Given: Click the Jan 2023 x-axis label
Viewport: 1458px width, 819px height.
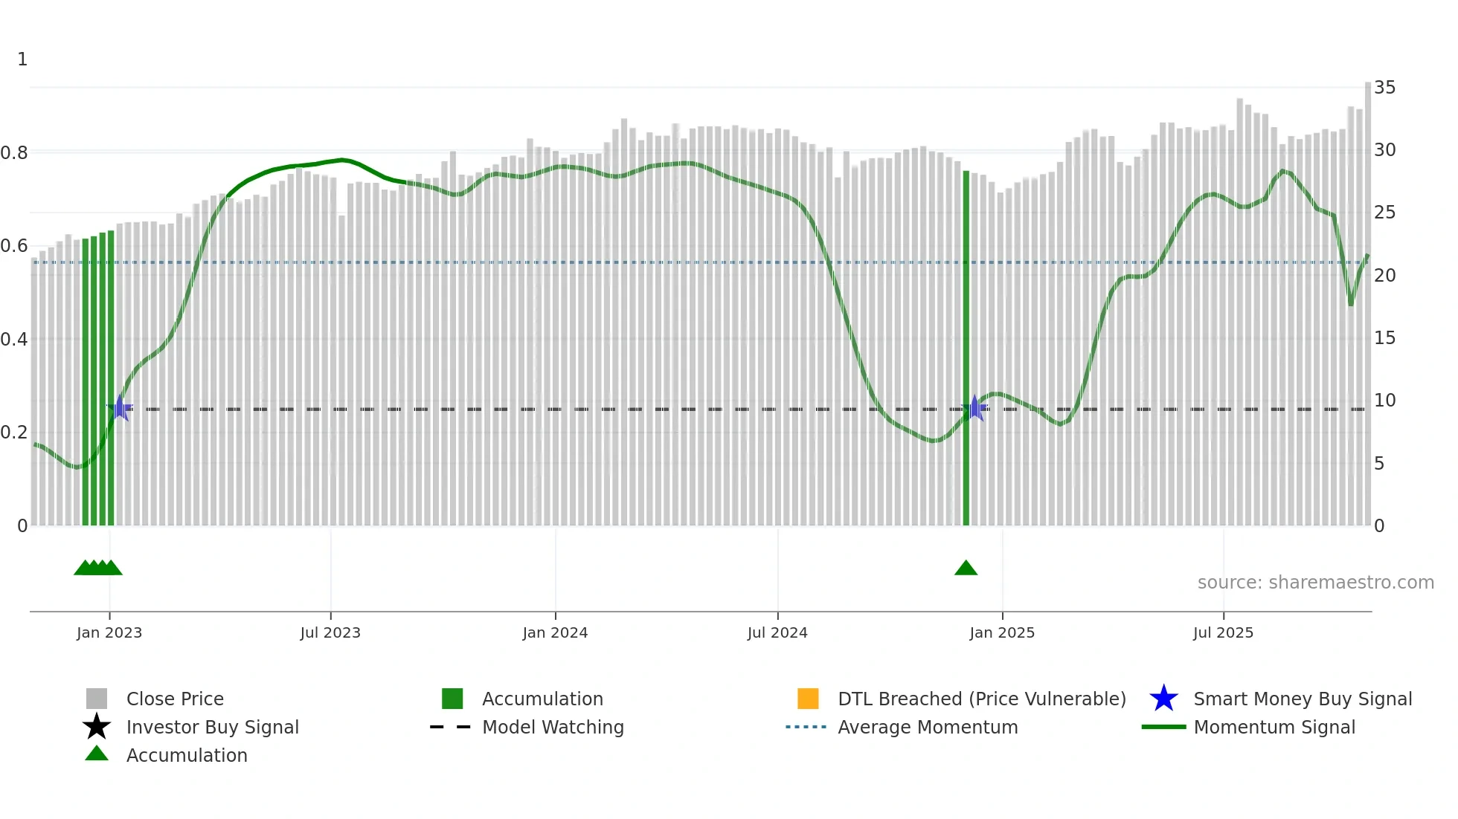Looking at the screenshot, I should (109, 632).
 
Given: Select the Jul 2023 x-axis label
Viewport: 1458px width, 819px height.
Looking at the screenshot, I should (330, 632).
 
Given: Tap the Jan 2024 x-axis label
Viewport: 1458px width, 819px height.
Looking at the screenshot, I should (555, 632).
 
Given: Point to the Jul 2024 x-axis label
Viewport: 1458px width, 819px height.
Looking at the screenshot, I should (777, 632).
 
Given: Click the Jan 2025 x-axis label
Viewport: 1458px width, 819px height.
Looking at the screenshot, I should (1002, 632).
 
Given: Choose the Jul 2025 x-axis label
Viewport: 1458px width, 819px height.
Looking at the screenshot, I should (1223, 632).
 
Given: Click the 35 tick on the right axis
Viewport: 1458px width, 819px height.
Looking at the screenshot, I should (1384, 88).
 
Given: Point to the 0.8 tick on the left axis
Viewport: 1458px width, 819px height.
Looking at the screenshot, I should (14, 153).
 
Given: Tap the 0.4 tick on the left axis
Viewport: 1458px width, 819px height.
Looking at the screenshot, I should (14, 340).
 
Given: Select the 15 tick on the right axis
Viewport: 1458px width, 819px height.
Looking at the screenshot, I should (1384, 338).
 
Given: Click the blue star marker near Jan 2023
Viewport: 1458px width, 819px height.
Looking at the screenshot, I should (120, 408).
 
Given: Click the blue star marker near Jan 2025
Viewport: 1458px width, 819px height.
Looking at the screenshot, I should (974, 408).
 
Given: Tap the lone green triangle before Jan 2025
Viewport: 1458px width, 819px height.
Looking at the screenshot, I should (966, 569).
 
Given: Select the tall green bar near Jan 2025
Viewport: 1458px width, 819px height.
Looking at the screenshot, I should (966, 349).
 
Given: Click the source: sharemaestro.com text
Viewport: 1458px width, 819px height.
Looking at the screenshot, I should (1315, 583).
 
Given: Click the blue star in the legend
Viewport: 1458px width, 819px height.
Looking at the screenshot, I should (1163, 699).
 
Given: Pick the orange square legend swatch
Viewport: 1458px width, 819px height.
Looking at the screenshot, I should (808, 699).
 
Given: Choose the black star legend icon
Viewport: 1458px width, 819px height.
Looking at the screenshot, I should (97, 727).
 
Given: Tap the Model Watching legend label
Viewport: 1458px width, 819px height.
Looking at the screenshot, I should (553, 727).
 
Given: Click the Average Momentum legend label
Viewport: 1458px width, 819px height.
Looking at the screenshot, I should (928, 727).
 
